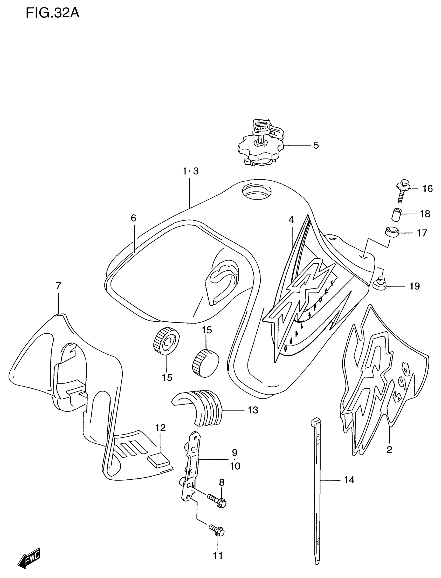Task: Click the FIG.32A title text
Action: tap(52, 13)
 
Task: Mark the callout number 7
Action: tap(58, 286)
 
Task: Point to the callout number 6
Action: tap(133, 218)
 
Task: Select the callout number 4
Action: tap(291, 220)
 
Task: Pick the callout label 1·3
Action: tap(191, 171)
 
